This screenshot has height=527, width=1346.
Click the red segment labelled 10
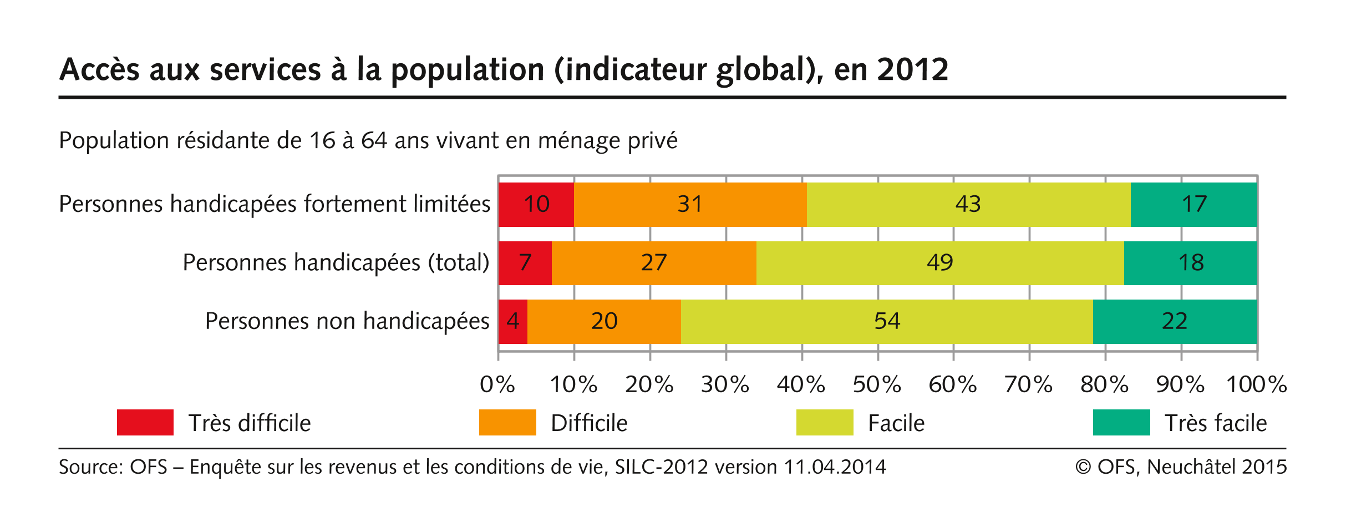tap(536, 204)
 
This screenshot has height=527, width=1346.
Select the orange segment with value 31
tap(690, 204)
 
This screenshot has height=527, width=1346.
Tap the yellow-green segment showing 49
tap(939, 262)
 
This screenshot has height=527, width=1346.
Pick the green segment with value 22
tap(1175, 321)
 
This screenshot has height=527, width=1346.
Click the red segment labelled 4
tap(512, 321)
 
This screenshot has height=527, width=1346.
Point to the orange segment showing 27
tap(654, 262)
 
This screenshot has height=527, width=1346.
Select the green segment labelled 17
tap(1193, 204)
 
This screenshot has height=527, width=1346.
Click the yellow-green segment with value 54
tap(886, 321)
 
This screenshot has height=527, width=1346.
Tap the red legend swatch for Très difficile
tap(145, 423)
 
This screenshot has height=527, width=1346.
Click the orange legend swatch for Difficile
tap(507, 423)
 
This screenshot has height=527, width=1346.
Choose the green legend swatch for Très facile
tap(1121, 423)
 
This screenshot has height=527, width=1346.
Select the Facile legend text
tap(896, 423)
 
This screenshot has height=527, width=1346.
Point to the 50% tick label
tap(877, 384)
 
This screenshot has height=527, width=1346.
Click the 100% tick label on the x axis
tap(1256, 384)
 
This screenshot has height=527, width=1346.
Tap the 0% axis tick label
tap(497, 384)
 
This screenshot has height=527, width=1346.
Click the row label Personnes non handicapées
tap(347, 321)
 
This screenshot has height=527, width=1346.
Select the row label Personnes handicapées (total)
tap(336, 262)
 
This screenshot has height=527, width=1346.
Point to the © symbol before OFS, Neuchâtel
tap(1083, 467)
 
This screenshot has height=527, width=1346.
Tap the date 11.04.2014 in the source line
tap(835, 467)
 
